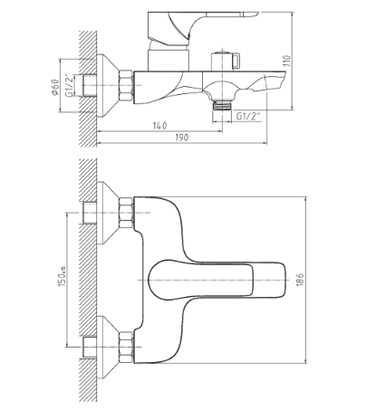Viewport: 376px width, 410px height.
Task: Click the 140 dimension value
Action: click(159, 126)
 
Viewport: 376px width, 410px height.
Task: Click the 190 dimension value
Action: click(181, 138)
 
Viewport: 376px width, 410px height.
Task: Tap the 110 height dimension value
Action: click(287, 61)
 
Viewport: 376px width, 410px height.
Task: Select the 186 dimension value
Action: click(300, 280)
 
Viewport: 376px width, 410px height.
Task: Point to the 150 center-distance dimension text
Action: click(63, 277)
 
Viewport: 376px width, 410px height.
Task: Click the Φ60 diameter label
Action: click(55, 87)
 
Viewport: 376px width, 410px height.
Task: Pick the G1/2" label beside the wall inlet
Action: click(69, 86)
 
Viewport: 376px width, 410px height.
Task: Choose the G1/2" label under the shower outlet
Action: click(247, 116)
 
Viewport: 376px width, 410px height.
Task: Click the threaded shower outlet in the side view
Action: click(223, 106)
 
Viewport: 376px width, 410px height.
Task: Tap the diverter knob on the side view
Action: click(226, 62)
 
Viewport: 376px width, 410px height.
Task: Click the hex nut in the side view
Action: click(126, 86)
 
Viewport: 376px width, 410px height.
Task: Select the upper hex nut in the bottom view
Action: click(126, 213)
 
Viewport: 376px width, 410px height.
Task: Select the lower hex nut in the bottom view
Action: click(126, 348)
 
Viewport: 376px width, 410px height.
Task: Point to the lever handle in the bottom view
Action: click(217, 280)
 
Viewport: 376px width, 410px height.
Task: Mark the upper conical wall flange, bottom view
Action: click(108, 213)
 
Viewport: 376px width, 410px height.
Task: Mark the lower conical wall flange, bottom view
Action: click(108, 348)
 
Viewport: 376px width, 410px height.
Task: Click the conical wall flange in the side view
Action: click(108, 86)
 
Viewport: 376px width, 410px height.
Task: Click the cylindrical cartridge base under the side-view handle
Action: click(169, 60)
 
